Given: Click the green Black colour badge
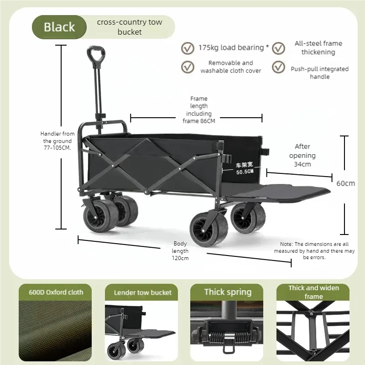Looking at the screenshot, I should pos(59,27).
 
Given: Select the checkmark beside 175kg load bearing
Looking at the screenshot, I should pos(187,48).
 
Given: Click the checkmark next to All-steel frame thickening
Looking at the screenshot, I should pos(279,48).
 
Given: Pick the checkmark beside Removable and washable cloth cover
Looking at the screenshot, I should pos(187,67).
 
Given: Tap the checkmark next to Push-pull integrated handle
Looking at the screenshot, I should pos(279,67).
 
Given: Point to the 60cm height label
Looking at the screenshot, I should pos(345,183).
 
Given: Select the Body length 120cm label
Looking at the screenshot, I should pos(180,251).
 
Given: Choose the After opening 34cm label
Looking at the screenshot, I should pos(302,155).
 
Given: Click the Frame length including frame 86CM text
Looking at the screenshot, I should pos(198,110).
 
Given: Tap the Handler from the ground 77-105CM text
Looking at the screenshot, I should pos(58,141).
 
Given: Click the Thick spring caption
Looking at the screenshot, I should pos(227,292).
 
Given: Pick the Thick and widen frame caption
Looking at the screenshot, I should pos(313,292).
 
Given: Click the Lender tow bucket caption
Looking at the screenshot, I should pos(142,292).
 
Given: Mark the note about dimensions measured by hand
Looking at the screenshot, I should pos(314,251).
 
